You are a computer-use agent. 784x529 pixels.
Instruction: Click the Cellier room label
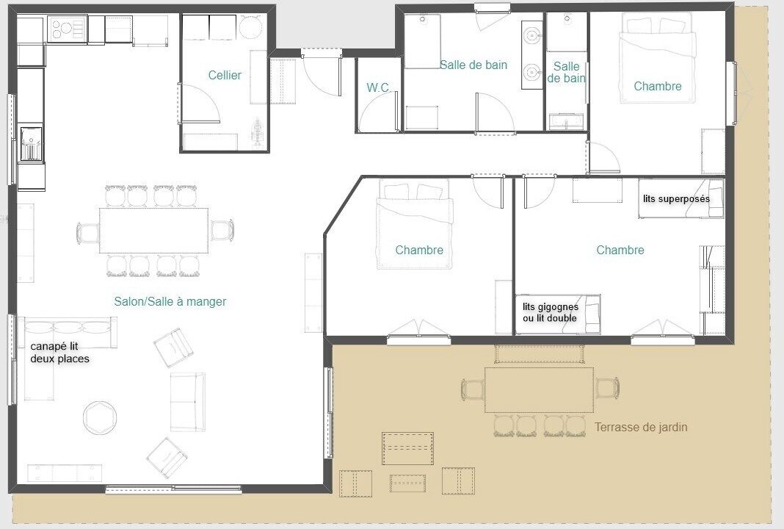pos(225,75)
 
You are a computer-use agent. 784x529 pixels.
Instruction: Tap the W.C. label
pos(378,87)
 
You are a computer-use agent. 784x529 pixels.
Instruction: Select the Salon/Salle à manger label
pos(170,301)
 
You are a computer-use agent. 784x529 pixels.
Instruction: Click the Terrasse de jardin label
pos(641,427)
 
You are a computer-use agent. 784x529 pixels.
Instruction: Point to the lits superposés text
pos(676,198)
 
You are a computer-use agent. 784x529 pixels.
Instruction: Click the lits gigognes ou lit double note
pos(550,312)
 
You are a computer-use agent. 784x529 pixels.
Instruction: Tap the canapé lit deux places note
pos(59,353)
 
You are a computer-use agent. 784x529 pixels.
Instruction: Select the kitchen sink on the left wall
pos(31,143)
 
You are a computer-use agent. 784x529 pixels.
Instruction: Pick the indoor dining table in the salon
pos(154,231)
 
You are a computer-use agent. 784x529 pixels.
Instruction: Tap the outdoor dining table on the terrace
pos(539,390)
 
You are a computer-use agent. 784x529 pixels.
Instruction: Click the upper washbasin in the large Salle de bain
pos(531,35)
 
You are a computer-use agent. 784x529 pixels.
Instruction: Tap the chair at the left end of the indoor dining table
pos(88,233)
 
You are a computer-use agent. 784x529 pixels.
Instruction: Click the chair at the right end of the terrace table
pos(607,389)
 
